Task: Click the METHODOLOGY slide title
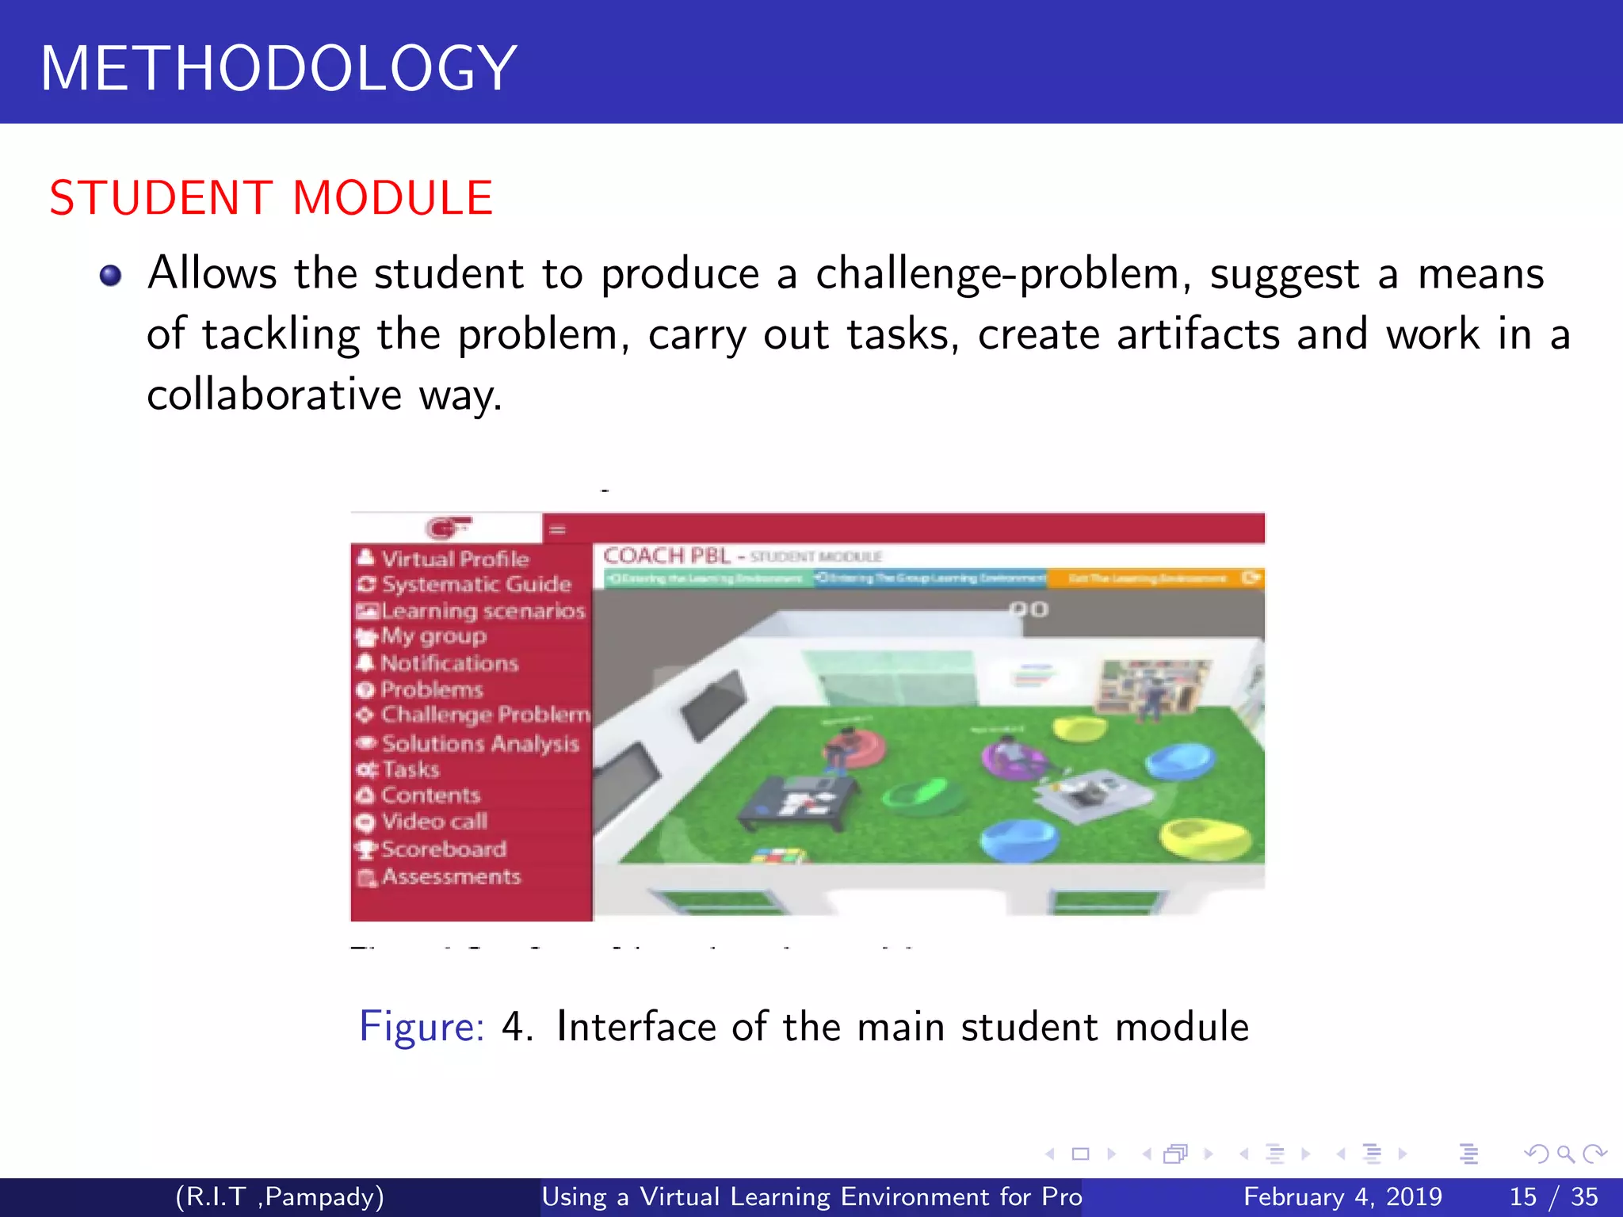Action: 279,68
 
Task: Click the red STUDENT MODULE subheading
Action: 271,198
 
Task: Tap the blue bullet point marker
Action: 110,276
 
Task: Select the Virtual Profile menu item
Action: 453,559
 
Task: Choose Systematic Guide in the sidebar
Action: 475,584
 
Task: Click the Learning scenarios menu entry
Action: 482,611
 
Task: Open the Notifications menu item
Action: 449,663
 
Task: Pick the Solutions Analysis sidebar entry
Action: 479,743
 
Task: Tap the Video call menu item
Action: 433,822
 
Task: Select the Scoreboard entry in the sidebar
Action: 443,849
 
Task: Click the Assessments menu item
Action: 450,876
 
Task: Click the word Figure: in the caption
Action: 421,1027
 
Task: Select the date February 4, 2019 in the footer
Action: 1342,1196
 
